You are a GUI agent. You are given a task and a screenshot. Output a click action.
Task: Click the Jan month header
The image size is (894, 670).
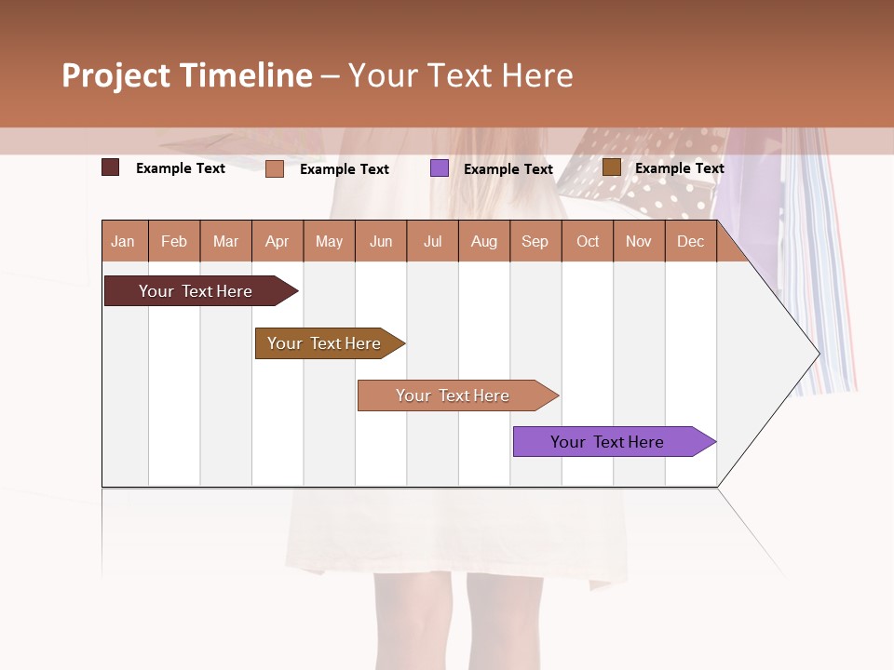click(123, 241)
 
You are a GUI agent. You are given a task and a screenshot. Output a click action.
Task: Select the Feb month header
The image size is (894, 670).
click(174, 241)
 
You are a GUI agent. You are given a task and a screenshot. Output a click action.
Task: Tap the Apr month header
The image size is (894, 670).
click(277, 241)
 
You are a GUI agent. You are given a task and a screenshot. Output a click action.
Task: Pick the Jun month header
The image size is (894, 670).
click(381, 241)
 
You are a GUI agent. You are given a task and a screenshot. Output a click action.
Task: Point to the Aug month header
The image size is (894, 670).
click(483, 241)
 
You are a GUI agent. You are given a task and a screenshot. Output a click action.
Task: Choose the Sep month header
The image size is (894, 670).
click(535, 241)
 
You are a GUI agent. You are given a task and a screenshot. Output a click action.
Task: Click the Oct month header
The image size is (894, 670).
click(588, 241)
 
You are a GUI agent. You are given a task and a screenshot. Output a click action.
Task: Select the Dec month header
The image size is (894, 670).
click(690, 241)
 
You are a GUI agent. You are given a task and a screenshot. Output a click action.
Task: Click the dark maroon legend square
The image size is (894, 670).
click(111, 167)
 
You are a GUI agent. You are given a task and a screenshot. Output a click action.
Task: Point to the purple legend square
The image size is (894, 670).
click(440, 167)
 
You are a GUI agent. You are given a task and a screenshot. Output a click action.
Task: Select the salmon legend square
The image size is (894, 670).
click(275, 168)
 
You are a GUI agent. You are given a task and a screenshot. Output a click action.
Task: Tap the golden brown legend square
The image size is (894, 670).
click(611, 167)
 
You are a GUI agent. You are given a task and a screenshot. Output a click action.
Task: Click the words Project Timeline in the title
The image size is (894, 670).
click(187, 75)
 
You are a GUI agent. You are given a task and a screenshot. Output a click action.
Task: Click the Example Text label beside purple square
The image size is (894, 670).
click(508, 169)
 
